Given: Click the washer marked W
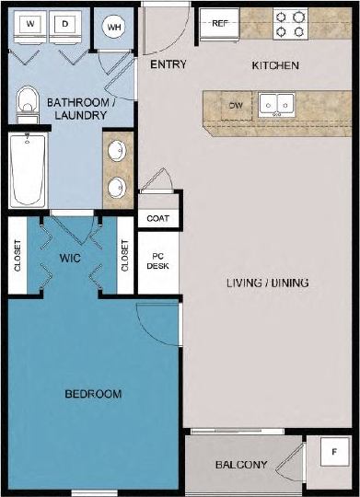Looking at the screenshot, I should pyautogui.click(x=31, y=25).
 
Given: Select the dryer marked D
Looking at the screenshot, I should pyautogui.click(x=66, y=25).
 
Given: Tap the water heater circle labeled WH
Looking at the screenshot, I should pyautogui.click(x=114, y=27).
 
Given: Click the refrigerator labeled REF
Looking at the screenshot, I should pyautogui.click(x=220, y=24).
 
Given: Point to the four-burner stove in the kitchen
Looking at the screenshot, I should pyautogui.click(x=291, y=24).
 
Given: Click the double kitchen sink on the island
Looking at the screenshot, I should pyautogui.click(x=274, y=104).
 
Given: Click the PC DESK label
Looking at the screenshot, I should pyautogui.click(x=157, y=260).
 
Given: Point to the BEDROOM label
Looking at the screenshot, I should pyautogui.click(x=93, y=394).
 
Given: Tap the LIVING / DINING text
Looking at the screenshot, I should pyautogui.click(x=266, y=283).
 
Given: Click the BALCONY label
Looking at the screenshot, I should pyautogui.click(x=241, y=465).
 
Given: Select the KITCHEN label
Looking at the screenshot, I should pyautogui.click(x=275, y=66).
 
